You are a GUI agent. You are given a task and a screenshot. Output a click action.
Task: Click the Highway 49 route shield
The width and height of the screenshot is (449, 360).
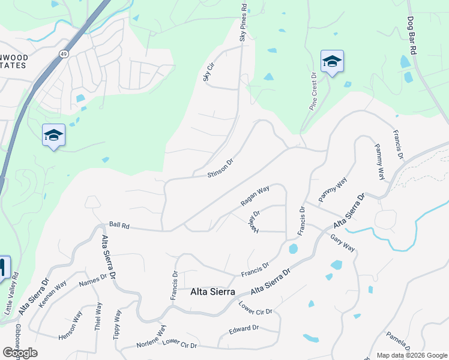(63, 54)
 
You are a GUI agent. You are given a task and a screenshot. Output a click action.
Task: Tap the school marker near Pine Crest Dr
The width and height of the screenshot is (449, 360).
(332, 61)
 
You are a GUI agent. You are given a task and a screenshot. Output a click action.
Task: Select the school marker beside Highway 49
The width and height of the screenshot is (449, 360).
(53, 135)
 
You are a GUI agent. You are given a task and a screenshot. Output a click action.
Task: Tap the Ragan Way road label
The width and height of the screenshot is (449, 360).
(255, 196)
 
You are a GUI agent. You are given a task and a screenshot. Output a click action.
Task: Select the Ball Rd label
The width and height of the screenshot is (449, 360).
(119, 225)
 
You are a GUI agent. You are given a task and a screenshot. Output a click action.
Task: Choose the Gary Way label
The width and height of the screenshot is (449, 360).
(343, 242)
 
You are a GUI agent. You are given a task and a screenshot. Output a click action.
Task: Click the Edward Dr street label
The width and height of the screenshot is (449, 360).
(244, 329)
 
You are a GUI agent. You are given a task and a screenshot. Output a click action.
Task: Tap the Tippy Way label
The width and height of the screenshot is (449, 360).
(118, 325)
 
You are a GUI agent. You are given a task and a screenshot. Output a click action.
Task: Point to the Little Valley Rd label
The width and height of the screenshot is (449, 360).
(12, 295)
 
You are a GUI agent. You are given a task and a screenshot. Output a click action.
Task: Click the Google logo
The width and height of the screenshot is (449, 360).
(20, 353)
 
